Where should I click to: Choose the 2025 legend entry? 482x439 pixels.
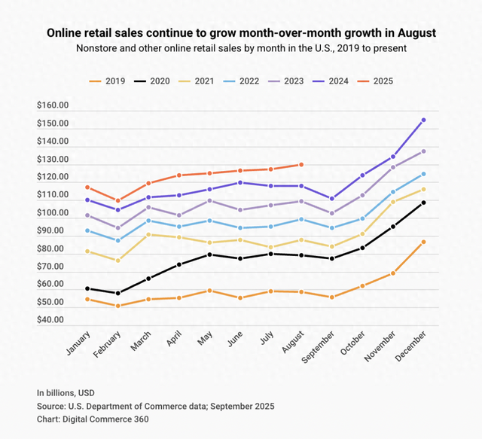pos(383,81)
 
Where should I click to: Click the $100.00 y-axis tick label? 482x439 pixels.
pos(53,214)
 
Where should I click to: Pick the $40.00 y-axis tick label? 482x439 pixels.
pos(53,320)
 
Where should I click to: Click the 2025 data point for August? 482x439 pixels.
pos(301,164)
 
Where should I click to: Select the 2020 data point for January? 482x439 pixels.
pos(88,288)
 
